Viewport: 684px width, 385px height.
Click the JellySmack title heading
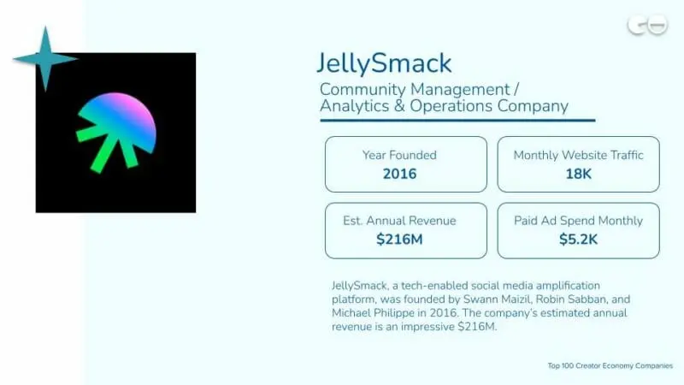point(384,63)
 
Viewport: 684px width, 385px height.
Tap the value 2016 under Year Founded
point(399,174)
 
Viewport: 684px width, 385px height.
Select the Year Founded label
point(399,155)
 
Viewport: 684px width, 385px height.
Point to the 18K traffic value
point(578,174)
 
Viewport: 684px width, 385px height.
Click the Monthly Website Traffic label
point(578,155)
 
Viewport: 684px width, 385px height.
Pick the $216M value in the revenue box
point(399,240)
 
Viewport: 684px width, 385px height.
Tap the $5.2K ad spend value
point(578,240)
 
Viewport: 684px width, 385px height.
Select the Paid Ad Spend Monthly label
point(578,221)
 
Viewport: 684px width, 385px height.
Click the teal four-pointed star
point(45,58)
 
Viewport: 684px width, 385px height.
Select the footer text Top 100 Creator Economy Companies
point(610,366)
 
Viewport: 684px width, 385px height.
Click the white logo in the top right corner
point(647,25)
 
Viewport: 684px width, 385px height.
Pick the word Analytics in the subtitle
point(353,107)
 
